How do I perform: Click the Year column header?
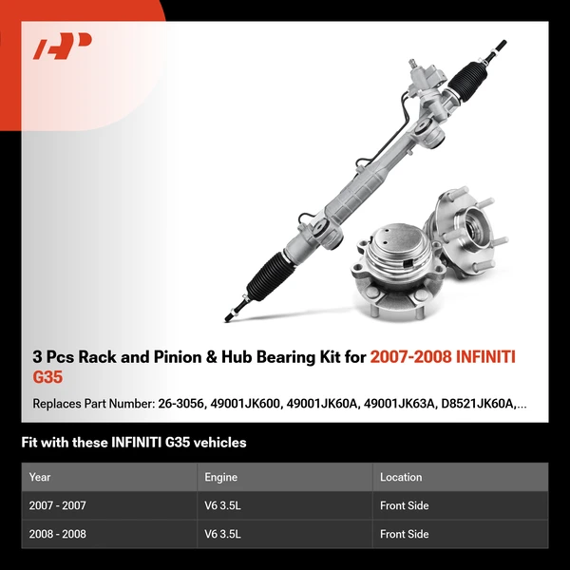40,477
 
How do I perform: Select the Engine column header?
220,477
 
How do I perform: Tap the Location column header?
400,477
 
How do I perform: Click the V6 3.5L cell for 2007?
223,505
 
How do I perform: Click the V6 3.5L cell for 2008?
223,534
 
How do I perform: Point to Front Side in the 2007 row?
404,505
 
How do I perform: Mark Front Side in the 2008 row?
404,534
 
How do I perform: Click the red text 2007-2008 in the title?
409,358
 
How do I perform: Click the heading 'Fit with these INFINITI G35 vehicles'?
133,442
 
